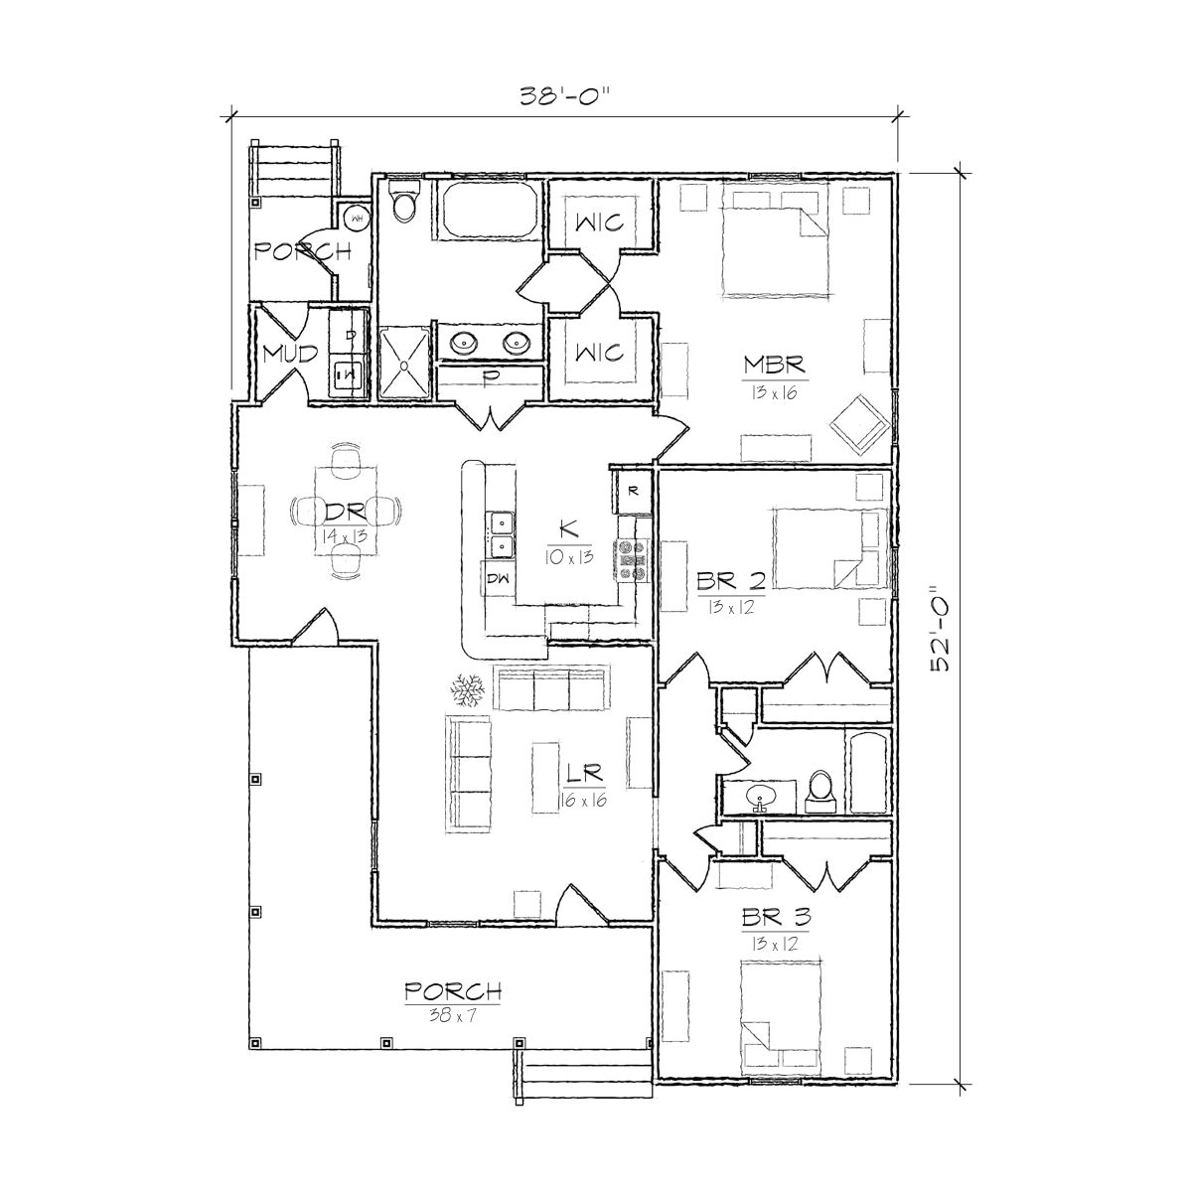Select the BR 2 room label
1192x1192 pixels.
click(730, 582)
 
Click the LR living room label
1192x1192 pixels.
click(581, 772)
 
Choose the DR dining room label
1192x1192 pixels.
click(345, 512)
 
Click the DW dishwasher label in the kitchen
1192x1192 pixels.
click(498, 578)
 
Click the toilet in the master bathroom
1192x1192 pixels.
click(405, 205)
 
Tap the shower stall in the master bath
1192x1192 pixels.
click(405, 364)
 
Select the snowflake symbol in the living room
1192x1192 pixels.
click(467, 688)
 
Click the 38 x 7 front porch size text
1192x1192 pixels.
click(452, 1014)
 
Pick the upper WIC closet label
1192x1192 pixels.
click(599, 222)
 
